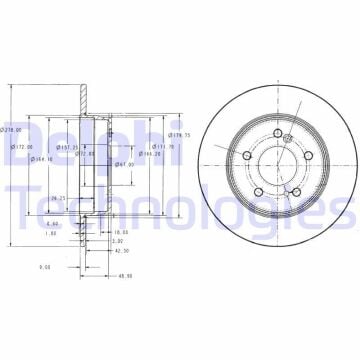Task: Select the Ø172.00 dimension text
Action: [x=21, y=147]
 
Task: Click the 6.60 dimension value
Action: [x=53, y=224]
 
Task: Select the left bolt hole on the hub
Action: [x=247, y=154]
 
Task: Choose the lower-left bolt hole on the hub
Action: [x=258, y=191]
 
